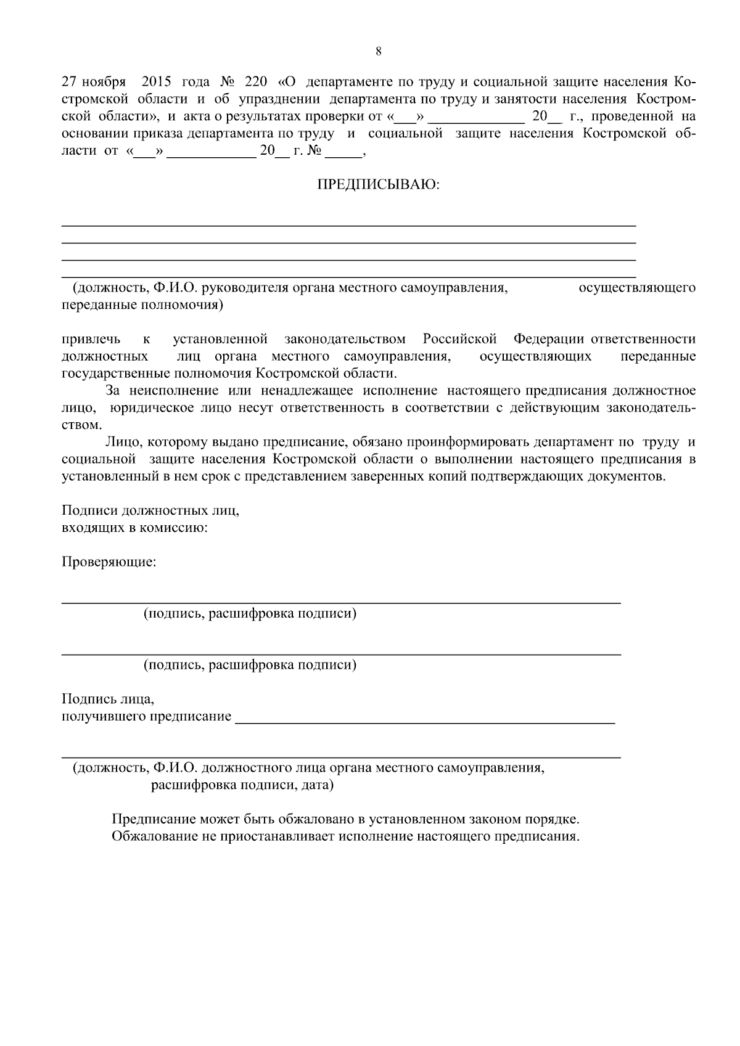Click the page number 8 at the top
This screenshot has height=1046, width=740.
click(378, 51)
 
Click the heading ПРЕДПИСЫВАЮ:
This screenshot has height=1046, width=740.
click(379, 185)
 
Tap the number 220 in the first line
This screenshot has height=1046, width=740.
click(256, 82)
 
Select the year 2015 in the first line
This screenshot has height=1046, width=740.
click(159, 82)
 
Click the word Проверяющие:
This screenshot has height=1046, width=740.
click(109, 562)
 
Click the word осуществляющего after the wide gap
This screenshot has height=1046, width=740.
click(637, 288)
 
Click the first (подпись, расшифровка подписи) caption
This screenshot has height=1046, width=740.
click(250, 613)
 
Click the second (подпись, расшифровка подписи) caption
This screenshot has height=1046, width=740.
click(250, 665)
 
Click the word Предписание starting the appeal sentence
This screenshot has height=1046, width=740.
click(154, 820)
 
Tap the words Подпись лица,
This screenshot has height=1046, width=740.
click(108, 699)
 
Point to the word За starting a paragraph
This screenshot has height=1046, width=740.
click(113, 391)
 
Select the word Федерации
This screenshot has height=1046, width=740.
click(549, 339)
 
